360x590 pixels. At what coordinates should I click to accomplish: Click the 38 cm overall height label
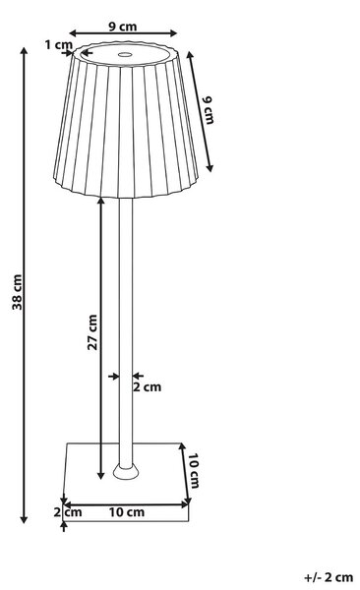[18, 292]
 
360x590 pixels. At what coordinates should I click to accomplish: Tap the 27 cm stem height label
[92, 332]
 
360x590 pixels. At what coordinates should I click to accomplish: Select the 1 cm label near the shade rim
[58, 45]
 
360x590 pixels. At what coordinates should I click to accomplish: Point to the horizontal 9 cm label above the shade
[123, 27]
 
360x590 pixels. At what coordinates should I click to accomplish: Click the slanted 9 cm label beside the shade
[208, 110]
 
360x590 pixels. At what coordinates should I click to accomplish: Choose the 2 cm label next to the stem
[147, 386]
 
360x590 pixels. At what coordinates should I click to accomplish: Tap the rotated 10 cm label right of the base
[194, 471]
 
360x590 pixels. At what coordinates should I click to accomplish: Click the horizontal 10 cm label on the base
[127, 512]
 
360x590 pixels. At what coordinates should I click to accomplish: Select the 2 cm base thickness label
[68, 512]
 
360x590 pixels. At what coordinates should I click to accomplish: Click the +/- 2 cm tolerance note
[329, 577]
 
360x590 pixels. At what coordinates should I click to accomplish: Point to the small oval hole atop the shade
[125, 54]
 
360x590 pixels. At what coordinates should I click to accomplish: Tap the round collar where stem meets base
[126, 472]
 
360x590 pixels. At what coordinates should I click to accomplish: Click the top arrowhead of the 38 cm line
[25, 51]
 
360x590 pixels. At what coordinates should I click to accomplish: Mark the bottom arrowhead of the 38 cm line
[25, 519]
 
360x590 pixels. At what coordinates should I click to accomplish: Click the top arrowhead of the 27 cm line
[101, 202]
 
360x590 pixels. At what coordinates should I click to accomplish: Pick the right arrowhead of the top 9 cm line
[173, 33]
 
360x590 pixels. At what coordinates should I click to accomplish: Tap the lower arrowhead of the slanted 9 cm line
[210, 167]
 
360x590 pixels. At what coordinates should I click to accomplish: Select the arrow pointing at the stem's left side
[113, 376]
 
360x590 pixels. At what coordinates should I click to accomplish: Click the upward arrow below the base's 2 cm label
[64, 527]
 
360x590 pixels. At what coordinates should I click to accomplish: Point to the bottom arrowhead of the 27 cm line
[101, 475]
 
